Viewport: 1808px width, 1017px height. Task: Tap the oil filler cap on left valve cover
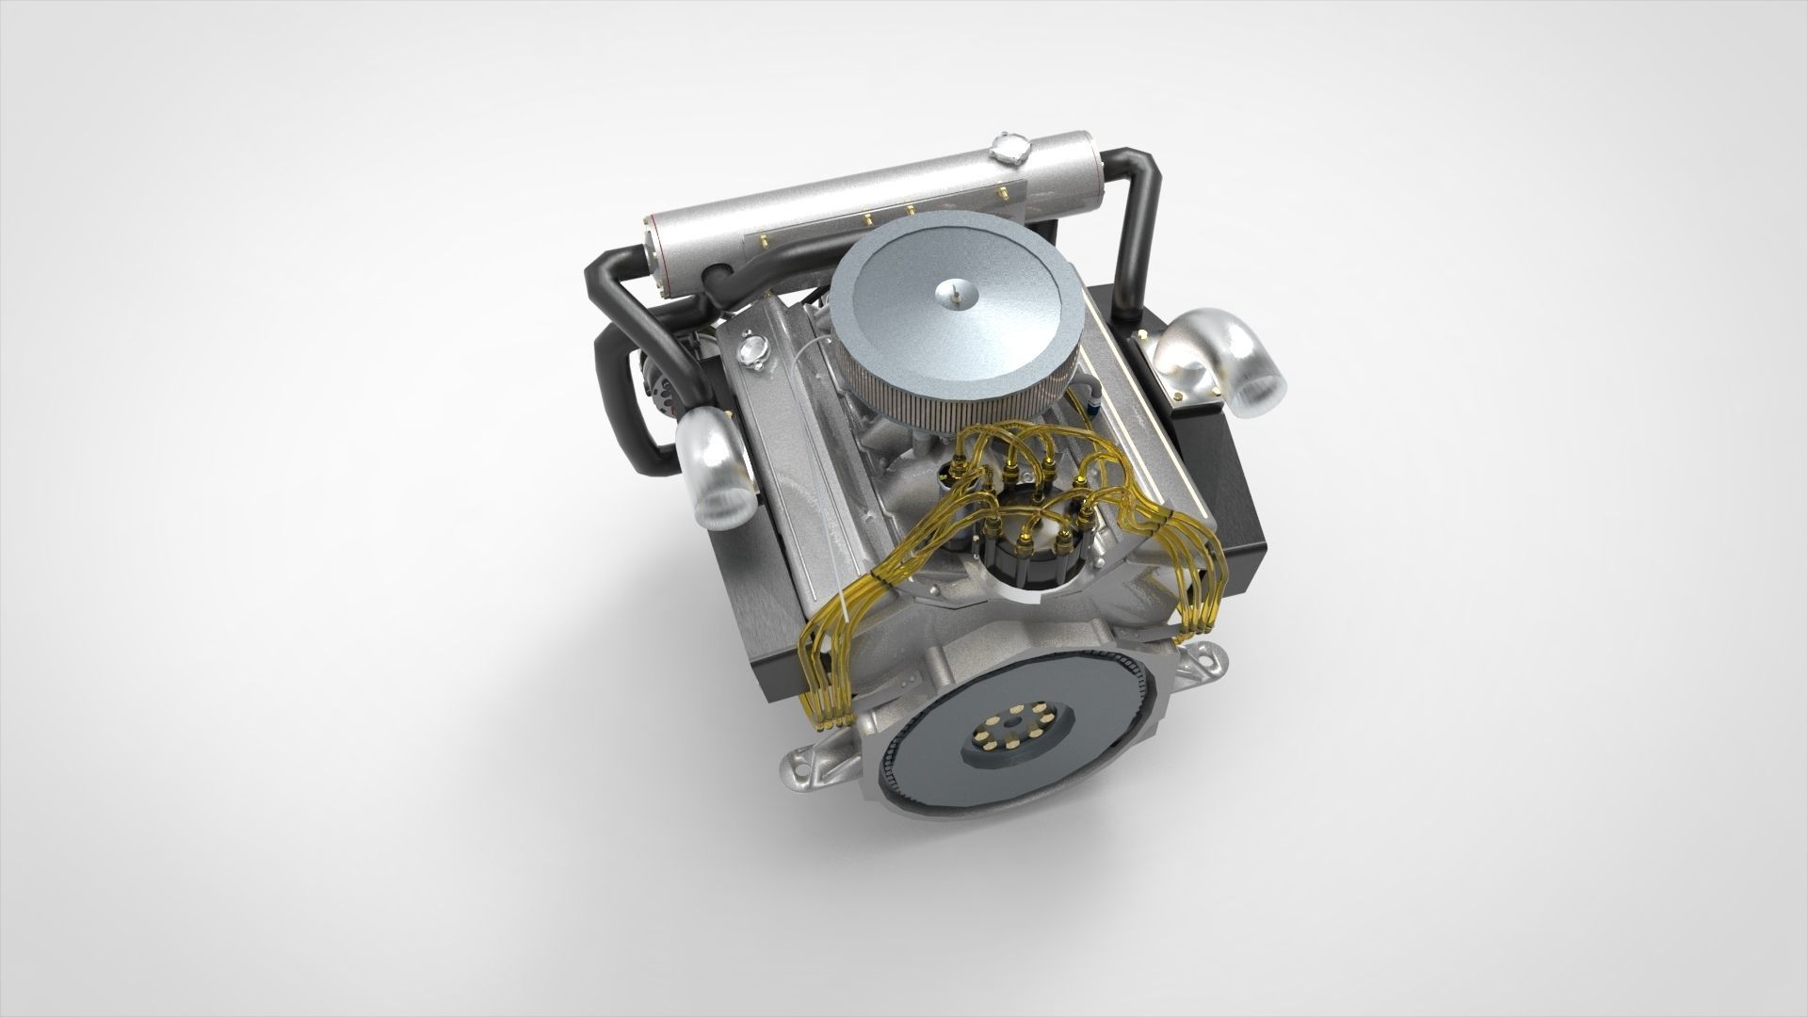[751, 350]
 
